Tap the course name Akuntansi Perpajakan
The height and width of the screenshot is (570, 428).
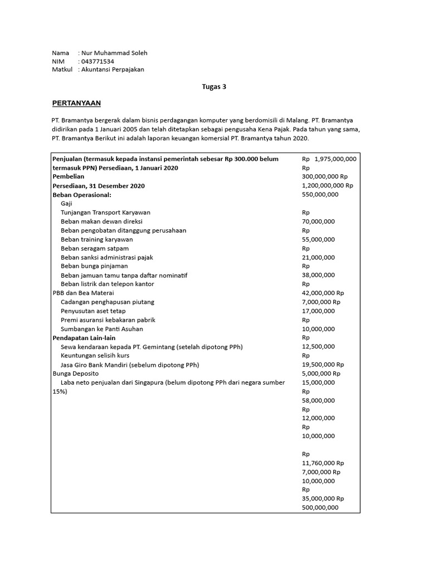112,70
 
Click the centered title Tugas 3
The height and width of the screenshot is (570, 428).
213,87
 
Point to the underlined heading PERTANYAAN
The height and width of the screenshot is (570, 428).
76,104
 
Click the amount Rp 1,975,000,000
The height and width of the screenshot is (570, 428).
329,159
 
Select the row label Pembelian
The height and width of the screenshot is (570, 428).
68,176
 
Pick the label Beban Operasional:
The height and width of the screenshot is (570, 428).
82,194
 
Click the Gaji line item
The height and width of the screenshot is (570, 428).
67,203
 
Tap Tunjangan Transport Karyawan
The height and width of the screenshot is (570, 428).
105,212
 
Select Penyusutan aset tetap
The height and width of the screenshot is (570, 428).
93,311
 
